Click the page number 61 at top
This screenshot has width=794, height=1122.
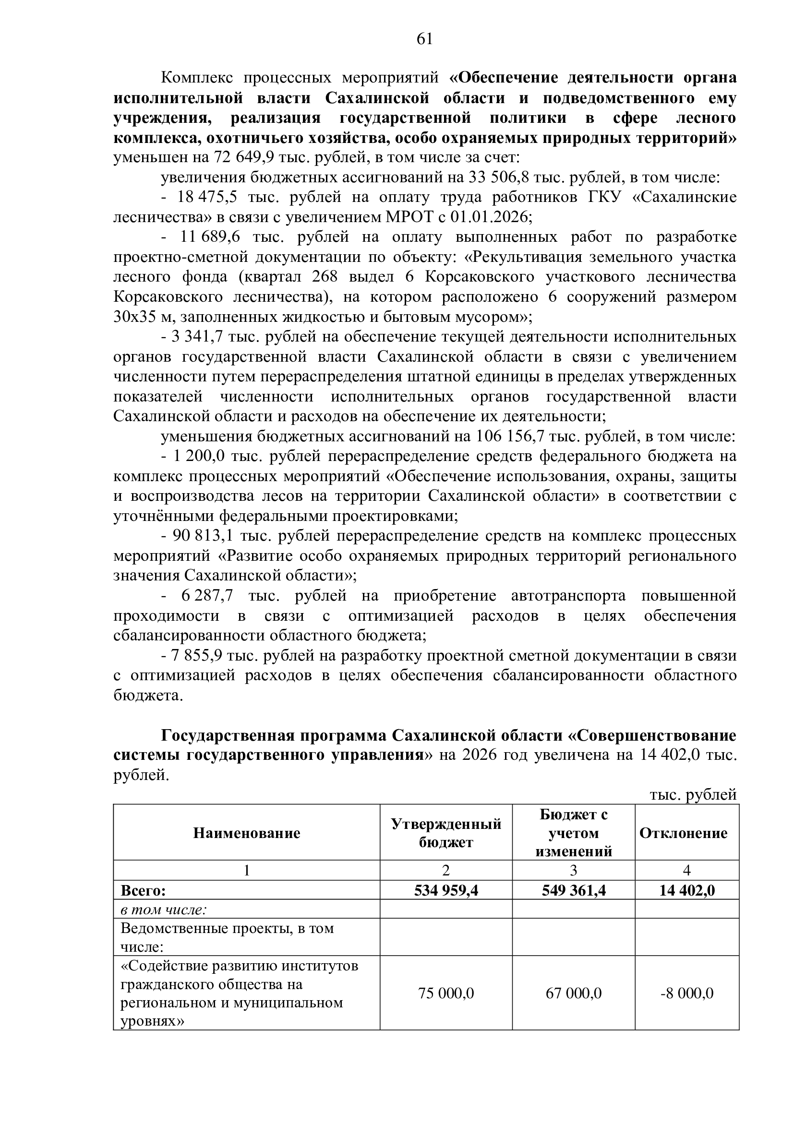424,38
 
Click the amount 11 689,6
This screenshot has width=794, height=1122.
206,237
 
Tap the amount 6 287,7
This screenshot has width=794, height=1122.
207,596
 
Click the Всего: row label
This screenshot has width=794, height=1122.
143,890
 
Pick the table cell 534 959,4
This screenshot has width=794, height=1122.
446,890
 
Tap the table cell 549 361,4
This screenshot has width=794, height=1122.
574,890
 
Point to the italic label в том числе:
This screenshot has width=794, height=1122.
163,910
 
